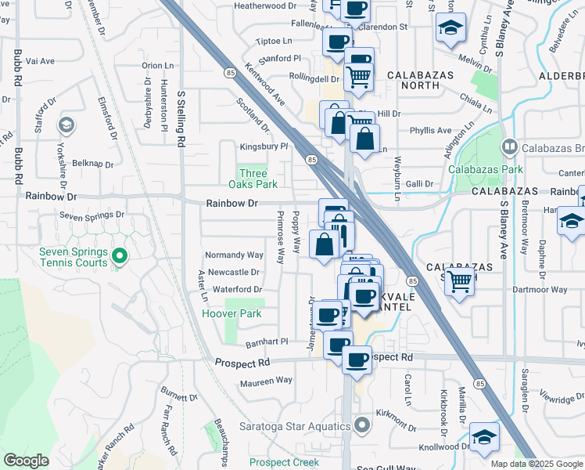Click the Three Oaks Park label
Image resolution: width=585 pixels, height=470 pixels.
click(x=253, y=179)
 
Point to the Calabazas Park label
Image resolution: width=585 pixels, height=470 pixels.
click(x=485, y=168)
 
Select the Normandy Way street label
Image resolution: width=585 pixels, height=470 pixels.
click(x=234, y=255)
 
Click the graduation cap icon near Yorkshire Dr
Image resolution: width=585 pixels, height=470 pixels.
click(x=67, y=125)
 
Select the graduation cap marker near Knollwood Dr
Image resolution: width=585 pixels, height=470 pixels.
click(x=484, y=438)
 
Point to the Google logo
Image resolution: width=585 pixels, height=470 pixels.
click(x=26, y=461)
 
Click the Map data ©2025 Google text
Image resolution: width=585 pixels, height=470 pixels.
click(x=537, y=464)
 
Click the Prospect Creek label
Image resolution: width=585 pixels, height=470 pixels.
click(x=284, y=462)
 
